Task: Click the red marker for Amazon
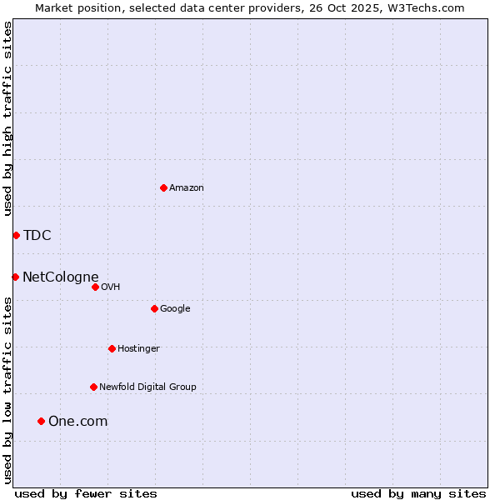click(163, 187)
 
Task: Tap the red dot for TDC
click(16, 235)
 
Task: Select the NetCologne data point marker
click(15, 277)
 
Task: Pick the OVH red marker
click(95, 287)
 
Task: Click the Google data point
click(154, 308)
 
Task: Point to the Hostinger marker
click(112, 348)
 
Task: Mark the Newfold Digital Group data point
click(93, 387)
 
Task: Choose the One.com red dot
click(41, 421)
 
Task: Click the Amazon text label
click(187, 188)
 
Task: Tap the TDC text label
click(37, 235)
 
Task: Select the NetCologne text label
click(61, 277)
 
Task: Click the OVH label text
click(111, 287)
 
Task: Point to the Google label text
click(175, 309)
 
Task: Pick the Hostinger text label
click(138, 348)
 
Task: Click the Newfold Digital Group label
click(147, 387)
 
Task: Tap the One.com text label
click(78, 422)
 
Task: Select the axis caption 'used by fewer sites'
click(86, 493)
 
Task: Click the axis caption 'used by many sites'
click(418, 493)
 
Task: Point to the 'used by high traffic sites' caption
click(8, 118)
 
